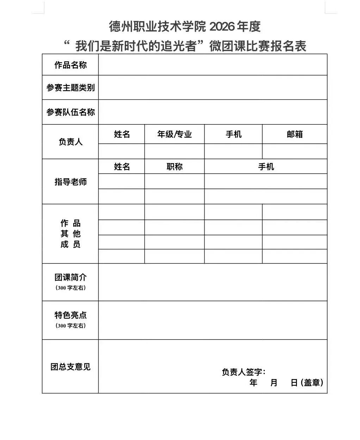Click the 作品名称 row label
click(x=70, y=65)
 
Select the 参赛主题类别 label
click(x=70, y=88)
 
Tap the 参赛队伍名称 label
click(x=70, y=112)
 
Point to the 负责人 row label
click(x=70, y=142)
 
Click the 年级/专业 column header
click(x=174, y=134)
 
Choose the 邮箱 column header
click(x=294, y=134)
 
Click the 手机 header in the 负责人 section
click(x=234, y=134)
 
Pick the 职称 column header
click(x=174, y=167)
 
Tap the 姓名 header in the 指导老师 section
click(x=122, y=167)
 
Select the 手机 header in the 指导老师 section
click(x=266, y=167)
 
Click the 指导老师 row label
click(x=70, y=182)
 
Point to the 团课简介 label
click(x=70, y=278)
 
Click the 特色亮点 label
click(x=70, y=315)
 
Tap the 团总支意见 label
click(x=70, y=367)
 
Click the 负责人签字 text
click(x=243, y=372)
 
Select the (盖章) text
click(x=312, y=383)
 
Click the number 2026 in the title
click(x=221, y=26)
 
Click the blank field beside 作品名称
click(x=213, y=65)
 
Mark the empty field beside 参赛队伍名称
click(x=213, y=112)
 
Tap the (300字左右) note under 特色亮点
click(x=70, y=326)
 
